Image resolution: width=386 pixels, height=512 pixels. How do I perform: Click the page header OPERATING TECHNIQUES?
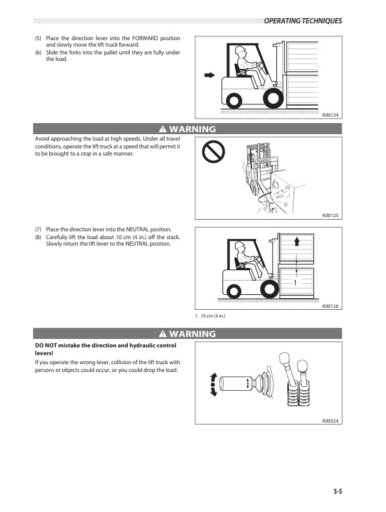click(302, 21)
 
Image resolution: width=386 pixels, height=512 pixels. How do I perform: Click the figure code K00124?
click(331, 115)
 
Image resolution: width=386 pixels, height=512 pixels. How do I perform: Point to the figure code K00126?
click(331, 305)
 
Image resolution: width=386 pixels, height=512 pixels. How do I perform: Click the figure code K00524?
click(331, 420)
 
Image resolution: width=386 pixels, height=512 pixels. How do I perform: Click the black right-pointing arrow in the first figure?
click(209, 75)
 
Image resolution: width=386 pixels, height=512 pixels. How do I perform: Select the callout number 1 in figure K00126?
click(295, 283)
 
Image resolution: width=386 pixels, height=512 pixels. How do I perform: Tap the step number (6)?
click(38, 52)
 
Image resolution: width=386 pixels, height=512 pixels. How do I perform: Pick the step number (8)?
click(38, 237)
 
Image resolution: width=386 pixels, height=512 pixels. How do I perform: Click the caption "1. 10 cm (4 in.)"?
click(210, 316)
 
